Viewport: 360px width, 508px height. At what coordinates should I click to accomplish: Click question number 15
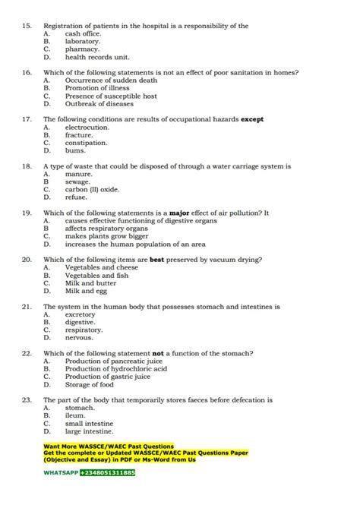point(26,26)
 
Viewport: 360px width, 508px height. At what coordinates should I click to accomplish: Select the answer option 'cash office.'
point(84,34)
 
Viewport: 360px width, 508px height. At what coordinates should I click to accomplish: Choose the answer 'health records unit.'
point(97,57)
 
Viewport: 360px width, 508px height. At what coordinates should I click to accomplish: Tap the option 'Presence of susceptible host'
point(111,96)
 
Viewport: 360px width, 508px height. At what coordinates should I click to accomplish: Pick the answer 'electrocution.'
point(87,128)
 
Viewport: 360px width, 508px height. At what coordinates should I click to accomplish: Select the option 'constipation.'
point(86,143)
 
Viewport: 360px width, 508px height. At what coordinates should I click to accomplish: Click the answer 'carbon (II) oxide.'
point(92,189)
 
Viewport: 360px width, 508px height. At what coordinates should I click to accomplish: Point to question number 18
point(26,166)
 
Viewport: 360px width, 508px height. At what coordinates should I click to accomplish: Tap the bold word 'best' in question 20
point(156,260)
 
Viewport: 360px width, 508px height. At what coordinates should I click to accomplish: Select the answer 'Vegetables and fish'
point(96,276)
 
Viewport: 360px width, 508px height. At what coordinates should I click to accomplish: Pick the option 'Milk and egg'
point(86,291)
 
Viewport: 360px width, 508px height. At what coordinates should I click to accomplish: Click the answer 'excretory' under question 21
point(81,314)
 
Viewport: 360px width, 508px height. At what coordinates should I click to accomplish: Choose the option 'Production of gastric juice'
point(107,377)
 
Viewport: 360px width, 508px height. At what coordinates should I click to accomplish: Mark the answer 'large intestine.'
point(89,431)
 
